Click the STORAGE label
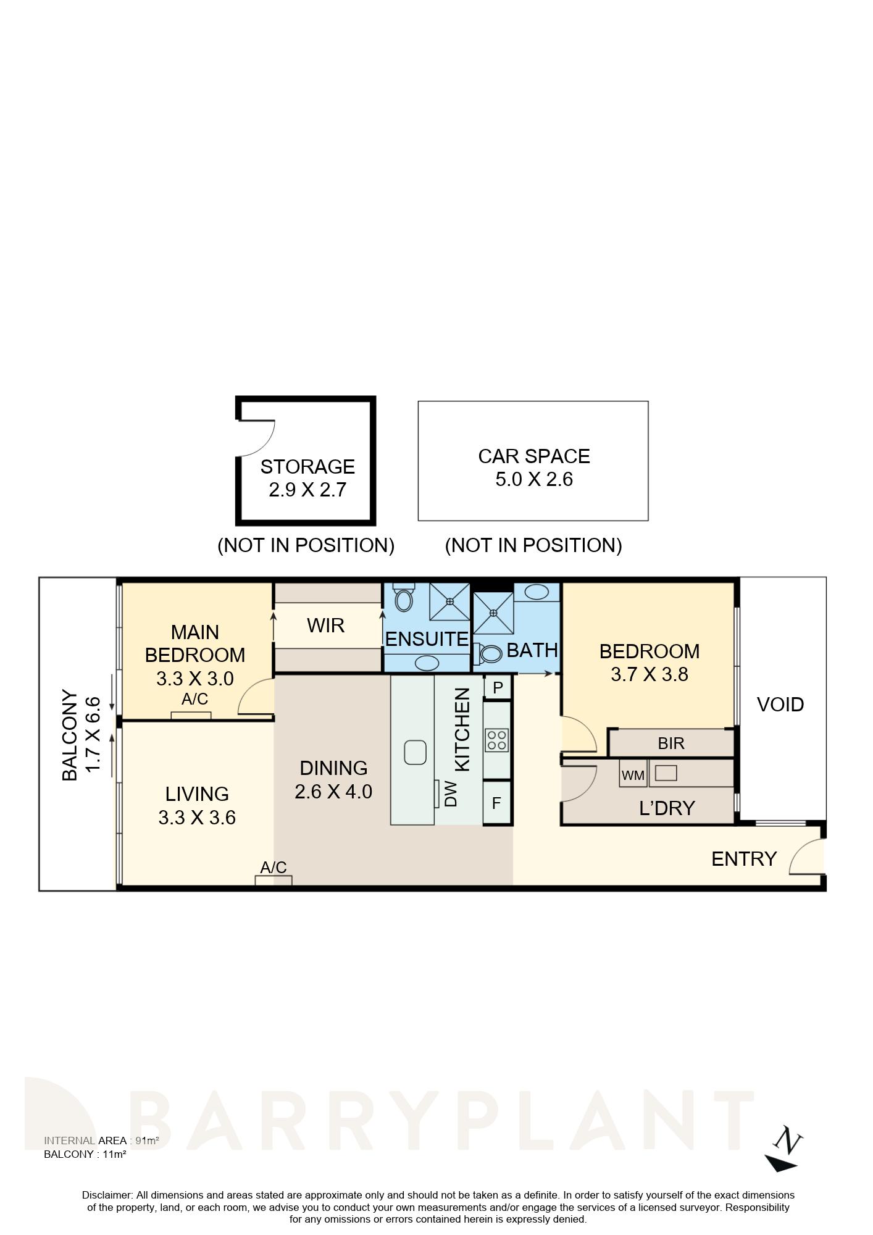point(307,466)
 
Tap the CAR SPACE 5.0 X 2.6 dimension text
point(534,479)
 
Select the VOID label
point(780,705)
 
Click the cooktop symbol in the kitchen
point(496,740)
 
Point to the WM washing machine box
point(633,775)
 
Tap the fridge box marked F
point(496,803)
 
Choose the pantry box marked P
point(498,687)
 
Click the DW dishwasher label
point(451,794)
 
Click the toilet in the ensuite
point(404,598)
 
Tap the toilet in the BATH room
point(489,653)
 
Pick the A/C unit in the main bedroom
point(191,716)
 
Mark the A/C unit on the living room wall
point(274,881)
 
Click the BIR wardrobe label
point(671,743)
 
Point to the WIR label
point(325,626)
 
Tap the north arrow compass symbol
point(785,1149)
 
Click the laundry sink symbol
point(666,772)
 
